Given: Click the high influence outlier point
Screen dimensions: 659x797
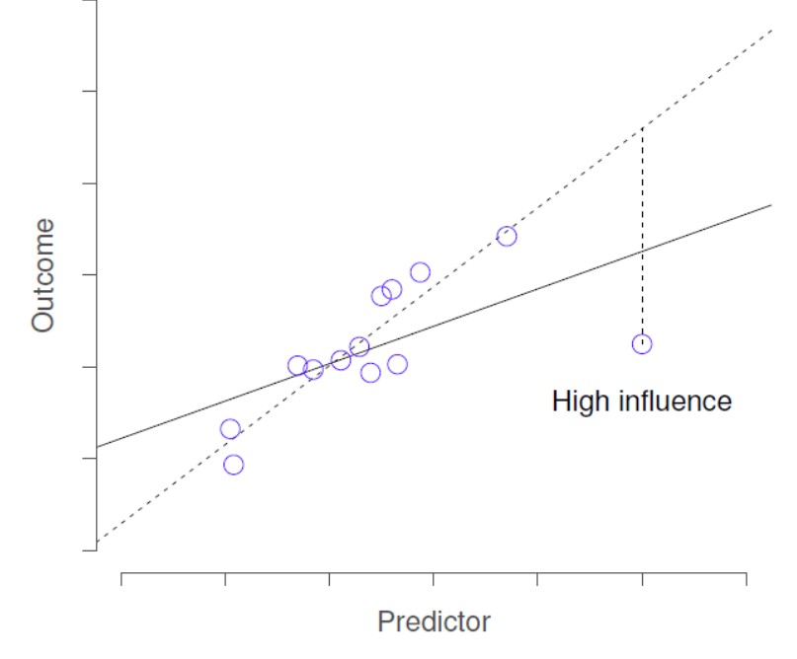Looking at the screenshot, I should pyautogui.click(x=642, y=343).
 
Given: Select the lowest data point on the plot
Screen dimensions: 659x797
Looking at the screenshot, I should pyautogui.click(x=233, y=465).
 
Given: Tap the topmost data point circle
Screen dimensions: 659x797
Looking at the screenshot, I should pyautogui.click(x=507, y=236).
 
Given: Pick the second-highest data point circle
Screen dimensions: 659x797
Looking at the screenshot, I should pyautogui.click(x=421, y=272).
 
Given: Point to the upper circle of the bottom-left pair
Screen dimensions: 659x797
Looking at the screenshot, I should pyautogui.click(x=230, y=429).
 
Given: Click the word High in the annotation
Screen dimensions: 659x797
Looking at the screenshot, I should pyautogui.click(x=579, y=402).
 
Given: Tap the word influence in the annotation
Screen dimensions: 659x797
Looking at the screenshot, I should pyautogui.click(x=673, y=402).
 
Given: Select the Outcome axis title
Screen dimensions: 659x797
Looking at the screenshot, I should pyautogui.click(x=42, y=275).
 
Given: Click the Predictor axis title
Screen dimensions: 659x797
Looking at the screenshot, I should pyautogui.click(x=434, y=622).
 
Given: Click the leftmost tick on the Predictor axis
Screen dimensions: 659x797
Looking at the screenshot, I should pyautogui.click(x=121, y=578).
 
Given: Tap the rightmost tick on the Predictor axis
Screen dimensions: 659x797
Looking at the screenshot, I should pyautogui.click(x=746, y=578).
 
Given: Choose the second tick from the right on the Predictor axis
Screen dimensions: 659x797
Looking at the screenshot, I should pyautogui.click(x=642, y=578).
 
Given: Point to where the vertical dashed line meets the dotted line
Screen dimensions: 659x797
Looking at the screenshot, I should pyautogui.click(x=642, y=128).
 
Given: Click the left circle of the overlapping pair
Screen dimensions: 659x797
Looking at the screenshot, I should pyautogui.click(x=381, y=296).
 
